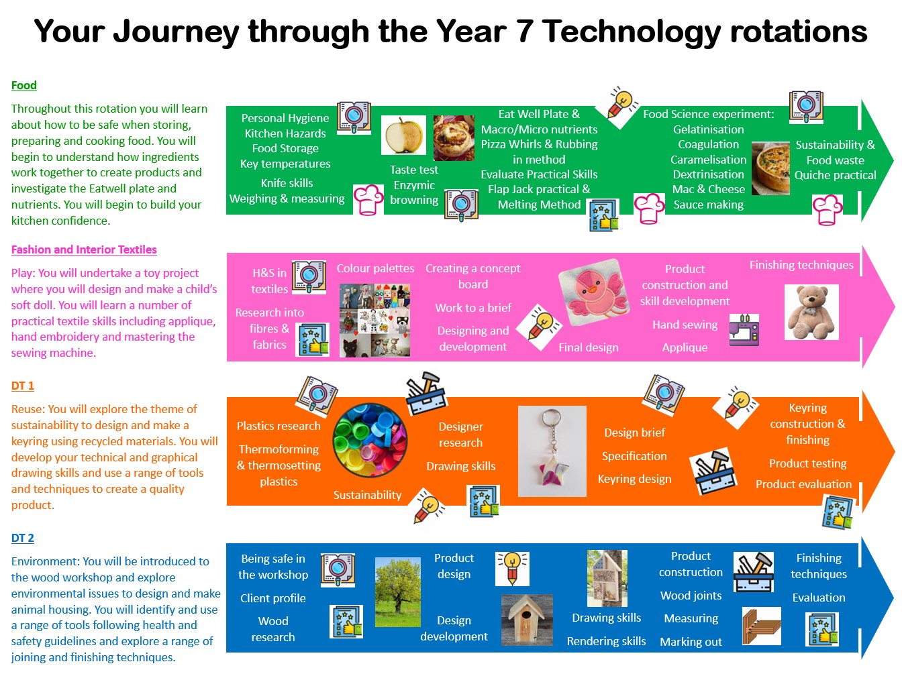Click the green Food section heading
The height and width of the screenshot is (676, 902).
pyautogui.click(x=24, y=85)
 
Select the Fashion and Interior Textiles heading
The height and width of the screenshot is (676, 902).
pyautogui.click(x=84, y=249)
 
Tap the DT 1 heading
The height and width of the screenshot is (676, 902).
pyautogui.click(x=23, y=386)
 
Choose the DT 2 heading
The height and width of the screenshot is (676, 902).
pyautogui.click(x=23, y=537)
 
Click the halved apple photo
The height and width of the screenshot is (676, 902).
pyautogui.click(x=403, y=135)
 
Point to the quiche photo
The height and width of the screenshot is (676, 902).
pyautogui.click(x=770, y=168)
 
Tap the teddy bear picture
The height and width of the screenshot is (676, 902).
pyautogui.click(x=811, y=312)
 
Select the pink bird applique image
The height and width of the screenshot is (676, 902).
pyautogui.click(x=593, y=292)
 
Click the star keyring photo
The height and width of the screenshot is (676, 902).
pyautogui.click(x=552, y=451)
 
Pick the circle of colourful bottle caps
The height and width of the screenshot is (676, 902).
pyautogui.click(x=370, y=440)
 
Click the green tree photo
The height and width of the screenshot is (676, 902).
pyautogui.click(x=398, y=591)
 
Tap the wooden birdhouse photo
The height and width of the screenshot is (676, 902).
pyautogui.click(x=527, y=620)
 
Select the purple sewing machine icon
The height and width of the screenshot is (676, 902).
pyautogui.click(x=744, y=329)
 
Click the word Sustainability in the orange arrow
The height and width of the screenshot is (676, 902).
pyautogui.click(x=367, y=494)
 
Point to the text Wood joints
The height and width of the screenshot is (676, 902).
pyautogui.click(x=691, y=595)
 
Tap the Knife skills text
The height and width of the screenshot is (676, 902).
pyautogui.click(x=287, y=183)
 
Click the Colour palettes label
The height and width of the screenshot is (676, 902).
pyautogui.click(x=375, y=268)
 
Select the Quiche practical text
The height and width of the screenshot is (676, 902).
pyautogui.click(x=835, y=175)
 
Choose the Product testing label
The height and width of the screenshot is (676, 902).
pyautogui.click(x=807, y=463)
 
